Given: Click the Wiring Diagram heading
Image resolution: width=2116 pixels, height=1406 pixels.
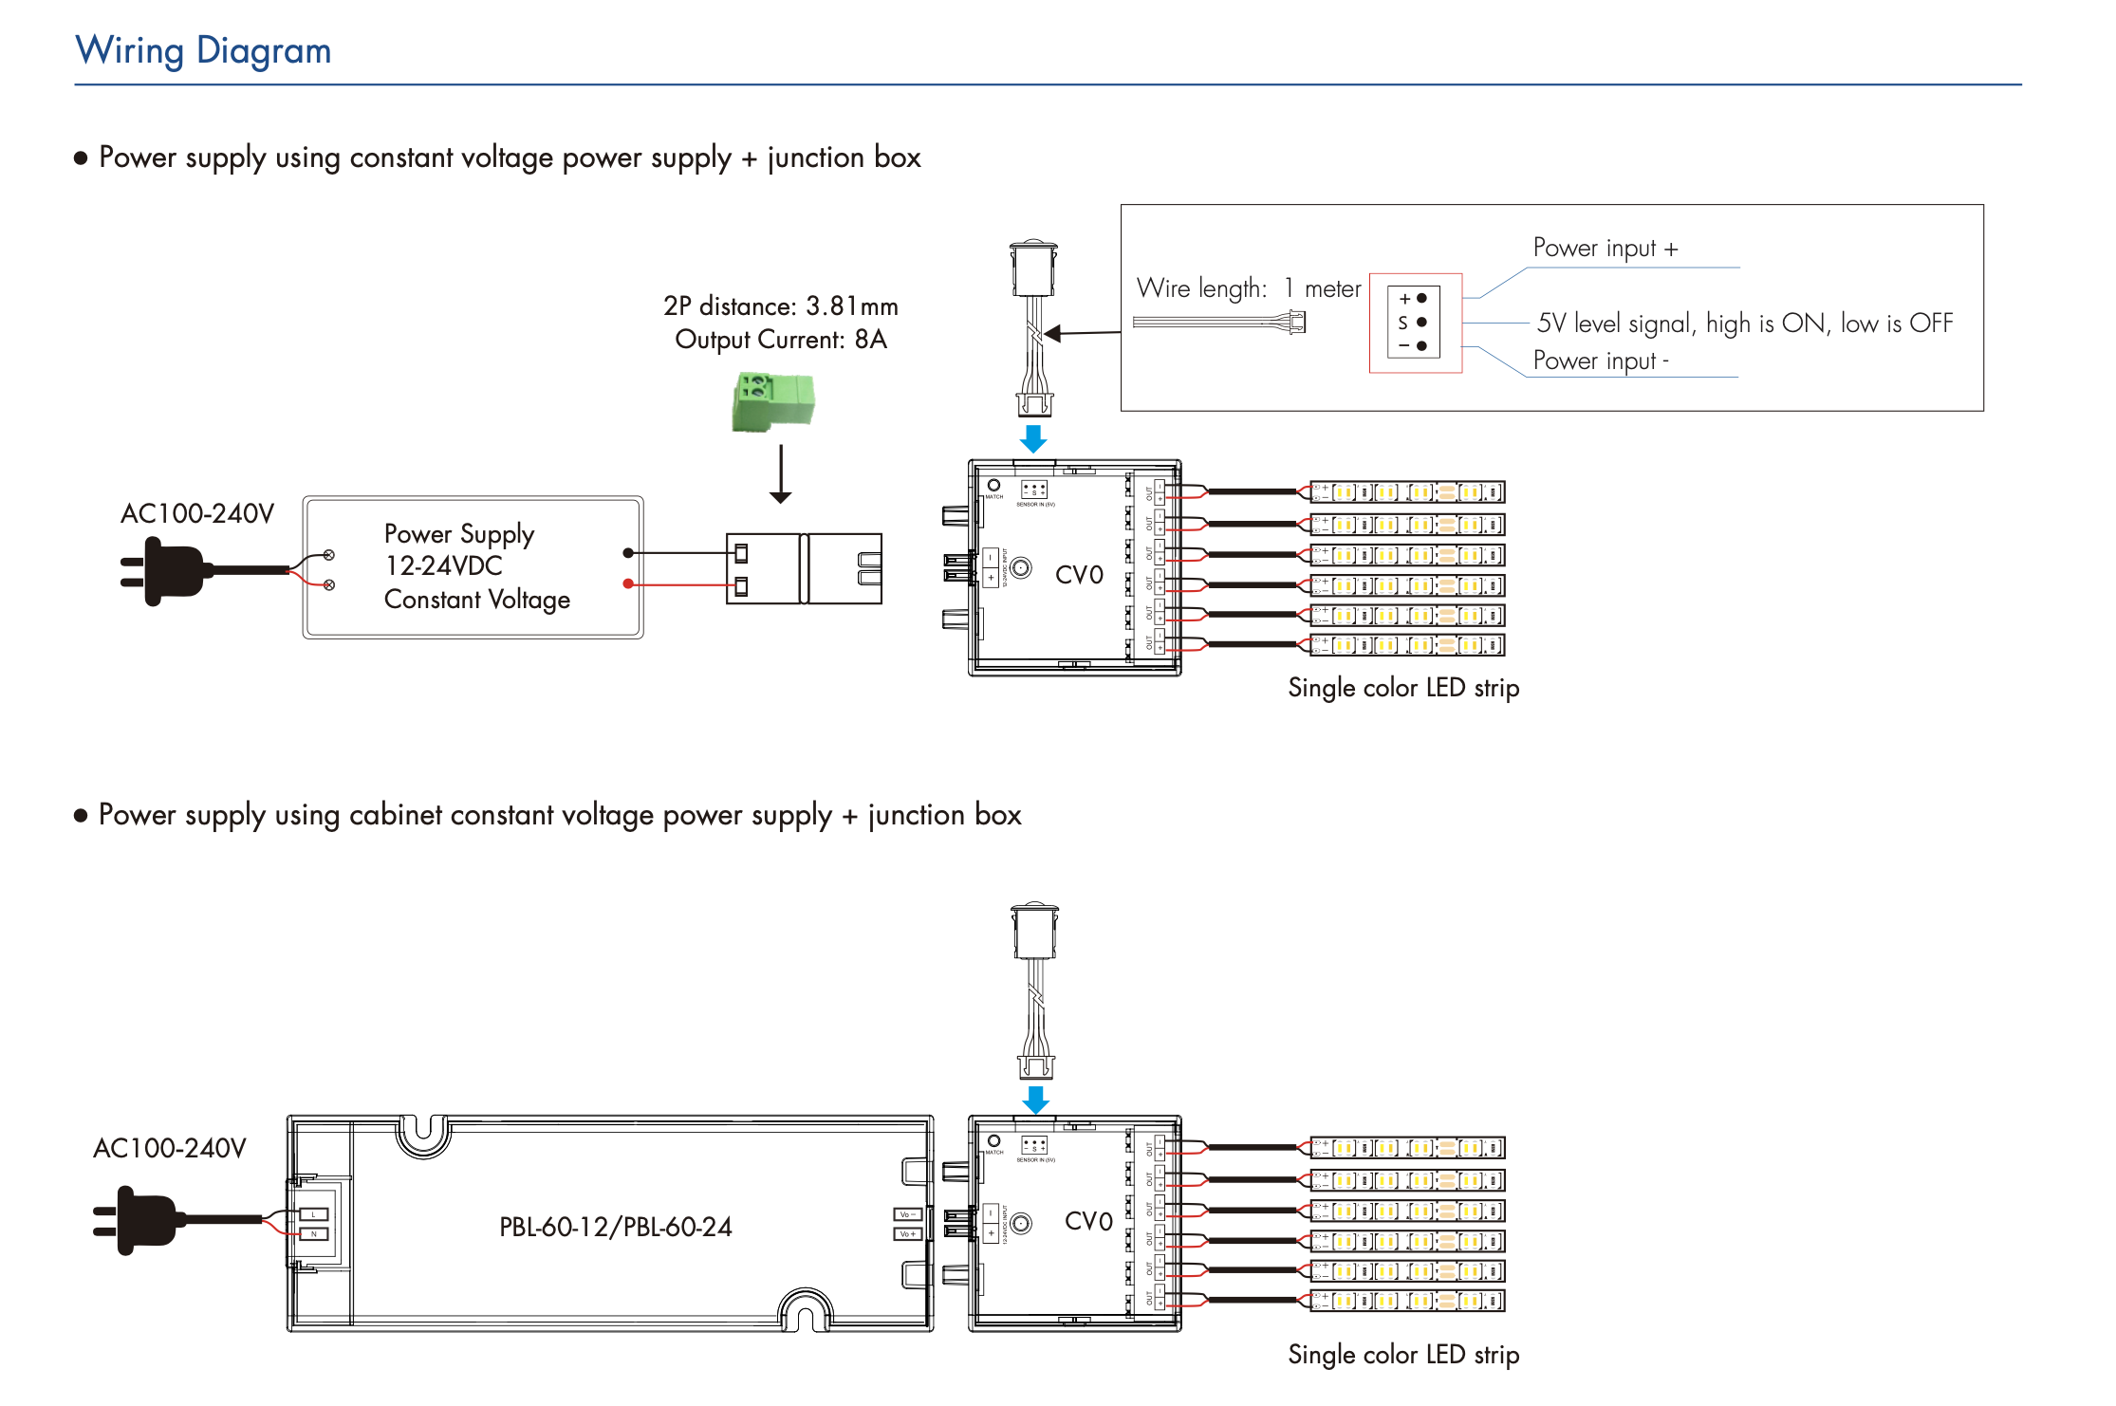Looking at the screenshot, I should [203, 50].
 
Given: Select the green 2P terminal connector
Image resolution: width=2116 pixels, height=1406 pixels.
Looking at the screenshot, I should [773, 401].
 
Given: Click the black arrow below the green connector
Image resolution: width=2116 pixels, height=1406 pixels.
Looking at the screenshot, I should [780, 474].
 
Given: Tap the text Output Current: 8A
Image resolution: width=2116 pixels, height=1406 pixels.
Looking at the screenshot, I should [780, 340].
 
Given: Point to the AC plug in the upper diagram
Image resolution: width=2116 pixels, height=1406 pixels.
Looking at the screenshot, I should [164, 570].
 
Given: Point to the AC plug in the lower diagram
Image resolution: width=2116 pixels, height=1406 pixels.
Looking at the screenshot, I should [137, 1220].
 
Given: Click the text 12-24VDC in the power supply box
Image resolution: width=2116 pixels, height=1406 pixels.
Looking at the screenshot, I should [443, 566].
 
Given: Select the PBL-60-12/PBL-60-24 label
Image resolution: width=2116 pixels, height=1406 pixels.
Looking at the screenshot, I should [615, 1227].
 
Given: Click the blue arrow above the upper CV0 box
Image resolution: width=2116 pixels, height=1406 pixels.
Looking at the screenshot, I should [1033, 438].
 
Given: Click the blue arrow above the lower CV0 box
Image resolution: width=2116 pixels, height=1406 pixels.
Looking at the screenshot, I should [1035, 1100].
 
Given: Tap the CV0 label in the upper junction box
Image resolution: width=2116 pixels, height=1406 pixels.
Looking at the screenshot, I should [1079, 575].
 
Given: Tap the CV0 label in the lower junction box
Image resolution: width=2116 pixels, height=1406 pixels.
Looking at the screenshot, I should [1088, 1222].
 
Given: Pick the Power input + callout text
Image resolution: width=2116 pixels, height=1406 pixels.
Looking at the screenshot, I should [1605, 249].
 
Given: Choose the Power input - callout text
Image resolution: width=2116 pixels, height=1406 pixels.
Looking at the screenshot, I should [1601, 361].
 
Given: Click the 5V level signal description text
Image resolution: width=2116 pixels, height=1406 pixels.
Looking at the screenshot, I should [1744, 324].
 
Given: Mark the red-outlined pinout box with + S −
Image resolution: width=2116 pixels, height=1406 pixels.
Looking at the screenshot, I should [1415, 323].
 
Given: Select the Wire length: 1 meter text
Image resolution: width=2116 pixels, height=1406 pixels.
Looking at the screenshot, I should [1248, 288].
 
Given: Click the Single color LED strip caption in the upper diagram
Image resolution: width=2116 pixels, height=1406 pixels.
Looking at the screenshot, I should [1403, 688].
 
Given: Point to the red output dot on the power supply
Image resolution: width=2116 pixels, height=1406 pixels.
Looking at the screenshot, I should [628, 583].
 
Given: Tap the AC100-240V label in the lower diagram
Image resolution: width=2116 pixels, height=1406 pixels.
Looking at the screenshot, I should [170, 1149].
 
